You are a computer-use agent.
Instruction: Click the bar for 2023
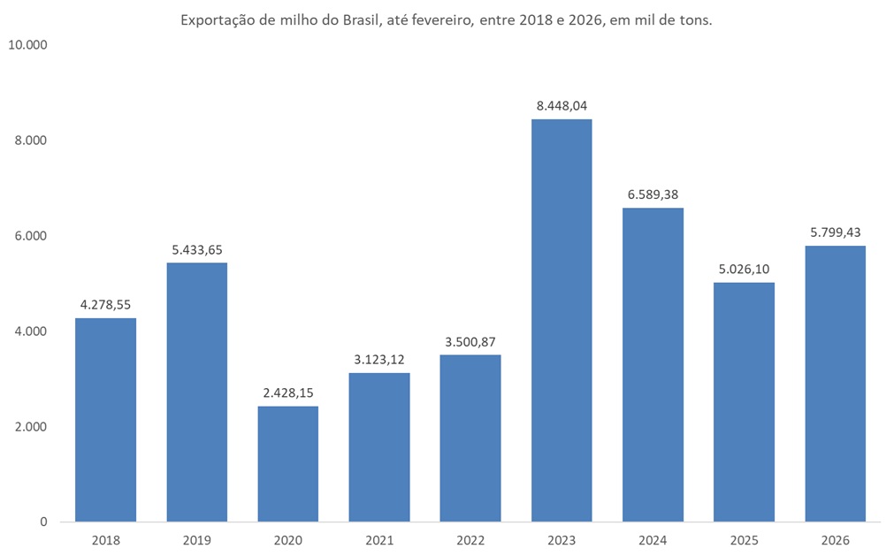pos(562,320)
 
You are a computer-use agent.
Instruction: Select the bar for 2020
pos(288,463)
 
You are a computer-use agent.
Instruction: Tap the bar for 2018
pos(105,419)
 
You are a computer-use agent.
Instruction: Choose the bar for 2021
pos(379,446)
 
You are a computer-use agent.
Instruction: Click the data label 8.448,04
pos(562,106)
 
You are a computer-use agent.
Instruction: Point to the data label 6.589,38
pos(653,194)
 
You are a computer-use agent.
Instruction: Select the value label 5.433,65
pos(197,249)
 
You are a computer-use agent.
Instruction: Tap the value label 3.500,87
pos(470,341)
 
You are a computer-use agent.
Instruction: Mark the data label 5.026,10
pos(744,269)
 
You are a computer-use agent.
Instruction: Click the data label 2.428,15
pos(288,392)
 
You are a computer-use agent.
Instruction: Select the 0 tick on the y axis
pos(43,522)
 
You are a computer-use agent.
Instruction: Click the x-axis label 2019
pos(197,539)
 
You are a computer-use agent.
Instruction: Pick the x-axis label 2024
pos(653,539)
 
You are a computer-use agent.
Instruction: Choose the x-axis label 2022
pos(470,539)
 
